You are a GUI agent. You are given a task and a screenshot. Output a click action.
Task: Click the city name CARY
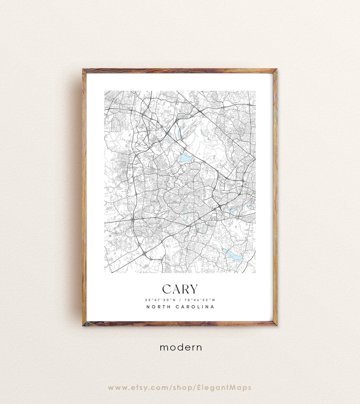180,289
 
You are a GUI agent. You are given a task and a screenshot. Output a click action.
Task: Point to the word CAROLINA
195,307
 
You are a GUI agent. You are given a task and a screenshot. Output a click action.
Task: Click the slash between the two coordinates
180,300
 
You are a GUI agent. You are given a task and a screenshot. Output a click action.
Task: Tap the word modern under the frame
181,347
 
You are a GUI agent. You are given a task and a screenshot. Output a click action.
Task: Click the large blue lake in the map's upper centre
184,158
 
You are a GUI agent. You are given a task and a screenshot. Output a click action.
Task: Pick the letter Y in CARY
194,289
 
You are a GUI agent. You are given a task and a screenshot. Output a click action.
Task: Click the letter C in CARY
167,289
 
